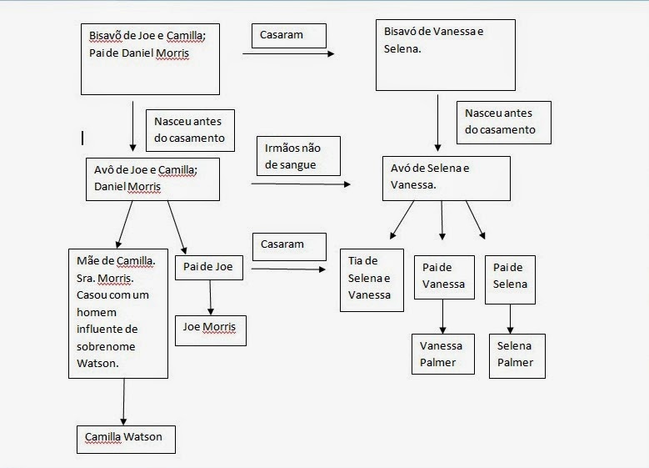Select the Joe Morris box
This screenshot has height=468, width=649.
point(210,330)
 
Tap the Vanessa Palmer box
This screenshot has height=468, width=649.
point(442,355)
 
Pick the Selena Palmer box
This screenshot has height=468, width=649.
point(517,355)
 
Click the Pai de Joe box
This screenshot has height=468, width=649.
point(210,267)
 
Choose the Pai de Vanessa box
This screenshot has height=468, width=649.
point(442,276)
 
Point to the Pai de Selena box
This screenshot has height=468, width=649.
point(510,276)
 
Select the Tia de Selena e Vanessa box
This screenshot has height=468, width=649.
point(371,279)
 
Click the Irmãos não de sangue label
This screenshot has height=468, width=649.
point(287,156)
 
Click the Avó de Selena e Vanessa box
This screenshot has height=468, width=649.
point(446,177)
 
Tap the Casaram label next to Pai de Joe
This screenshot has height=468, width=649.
point(283,245)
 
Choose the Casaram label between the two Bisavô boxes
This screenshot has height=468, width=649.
point(288,35)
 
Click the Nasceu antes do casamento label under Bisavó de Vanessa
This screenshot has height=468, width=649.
point(503,121)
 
